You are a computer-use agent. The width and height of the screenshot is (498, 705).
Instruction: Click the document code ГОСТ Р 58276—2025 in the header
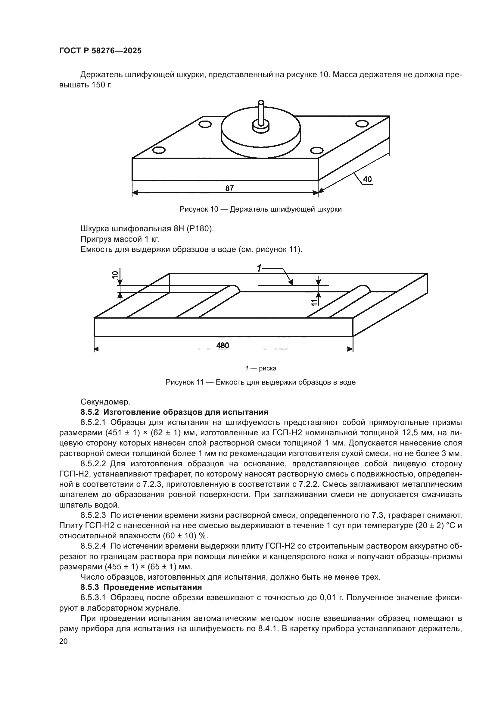point(100,51)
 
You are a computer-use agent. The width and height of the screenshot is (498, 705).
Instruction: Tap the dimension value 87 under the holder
point(229,188)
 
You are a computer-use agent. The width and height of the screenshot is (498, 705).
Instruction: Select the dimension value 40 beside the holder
point(367,179)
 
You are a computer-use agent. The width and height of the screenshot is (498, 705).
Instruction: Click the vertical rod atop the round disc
point(261,113)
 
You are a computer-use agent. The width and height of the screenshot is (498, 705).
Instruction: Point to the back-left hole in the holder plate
point(205,124)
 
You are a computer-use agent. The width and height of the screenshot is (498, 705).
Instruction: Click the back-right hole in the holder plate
point(362,124)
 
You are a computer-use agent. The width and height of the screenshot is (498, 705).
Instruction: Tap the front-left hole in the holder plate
point(159,150)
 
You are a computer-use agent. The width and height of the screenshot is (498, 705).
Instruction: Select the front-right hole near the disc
point(317,150)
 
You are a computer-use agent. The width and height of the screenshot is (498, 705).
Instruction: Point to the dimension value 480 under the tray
point(223,345)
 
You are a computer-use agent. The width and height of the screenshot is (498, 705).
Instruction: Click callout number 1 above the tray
point(260,268)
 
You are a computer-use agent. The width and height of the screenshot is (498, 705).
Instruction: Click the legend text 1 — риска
point(261,368)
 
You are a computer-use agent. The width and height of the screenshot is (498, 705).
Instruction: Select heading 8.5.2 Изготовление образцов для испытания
point(174,412)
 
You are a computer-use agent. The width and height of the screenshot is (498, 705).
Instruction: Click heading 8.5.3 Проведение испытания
point(141,587)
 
